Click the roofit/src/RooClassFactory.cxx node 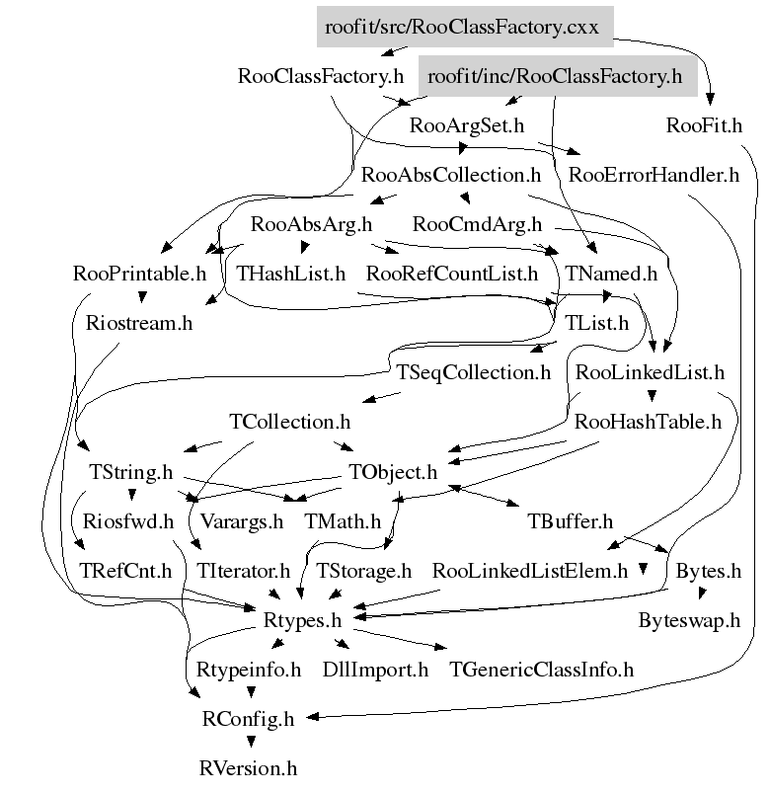click(x=464, y=27)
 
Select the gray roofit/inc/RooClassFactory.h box click(x=557, y=76)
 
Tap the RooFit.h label click(x=704, y=125)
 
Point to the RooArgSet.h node click(x=466, y=125)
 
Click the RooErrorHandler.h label click(x=654, y=175)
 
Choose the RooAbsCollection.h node click(x=451, y=175)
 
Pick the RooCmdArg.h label click(x=477, y=224)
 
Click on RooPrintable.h click(x=139, y=274)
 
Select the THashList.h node click(x=291, y=274)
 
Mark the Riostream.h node click(x=139, y=323)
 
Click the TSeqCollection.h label click(x=473, y=372)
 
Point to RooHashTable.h click(x=648, y=422)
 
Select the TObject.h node click(x=392, y=471)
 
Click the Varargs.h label click(x=241, y=520)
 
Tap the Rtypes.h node click(x=302, y=619)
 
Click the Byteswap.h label click(x=688, y=619)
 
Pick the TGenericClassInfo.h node click(x=541, y=669)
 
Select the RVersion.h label click(x=247, y=767)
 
